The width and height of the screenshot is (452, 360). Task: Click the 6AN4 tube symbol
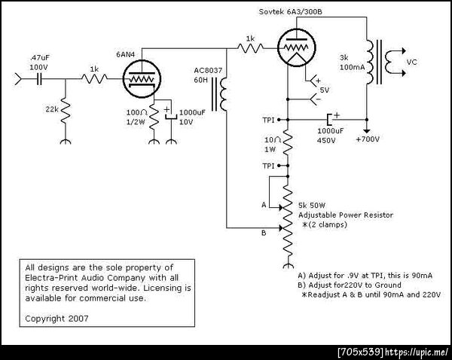142,79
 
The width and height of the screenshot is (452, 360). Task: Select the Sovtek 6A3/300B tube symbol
297,47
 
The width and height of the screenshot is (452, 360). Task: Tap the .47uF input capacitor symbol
39,78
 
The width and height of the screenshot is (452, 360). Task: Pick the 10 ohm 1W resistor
288,143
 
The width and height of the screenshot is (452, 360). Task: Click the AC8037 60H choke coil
220,93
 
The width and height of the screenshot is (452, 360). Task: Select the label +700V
368,139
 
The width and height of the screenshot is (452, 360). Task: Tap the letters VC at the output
411,62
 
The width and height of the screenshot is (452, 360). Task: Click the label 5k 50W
312,206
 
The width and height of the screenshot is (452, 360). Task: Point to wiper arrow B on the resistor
281,228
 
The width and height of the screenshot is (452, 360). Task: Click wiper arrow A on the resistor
281,207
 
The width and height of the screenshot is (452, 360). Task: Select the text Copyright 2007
56,319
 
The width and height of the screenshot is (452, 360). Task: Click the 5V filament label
324,90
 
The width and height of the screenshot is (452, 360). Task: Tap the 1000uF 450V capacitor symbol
329,119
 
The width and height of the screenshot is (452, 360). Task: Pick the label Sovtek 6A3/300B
290,12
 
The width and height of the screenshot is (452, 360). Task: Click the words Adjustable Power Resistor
346,215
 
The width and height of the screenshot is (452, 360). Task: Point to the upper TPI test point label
268,120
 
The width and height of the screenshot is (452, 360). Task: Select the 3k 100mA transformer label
352,63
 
